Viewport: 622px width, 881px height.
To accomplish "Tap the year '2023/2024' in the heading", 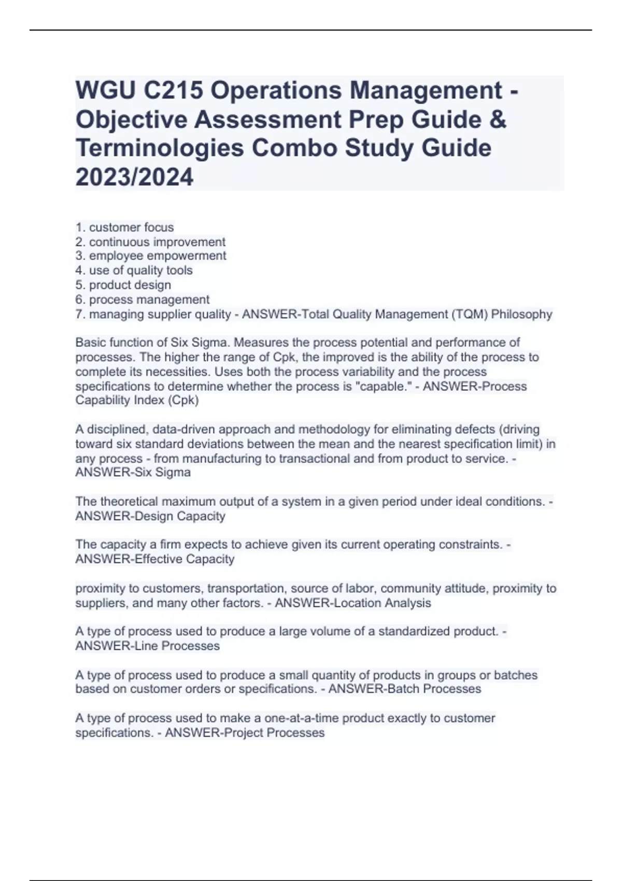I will click(x=134, y=177).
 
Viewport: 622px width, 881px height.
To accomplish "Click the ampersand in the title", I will click(x=498, y=120).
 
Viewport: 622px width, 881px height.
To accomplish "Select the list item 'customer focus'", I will click(x=131, y=227).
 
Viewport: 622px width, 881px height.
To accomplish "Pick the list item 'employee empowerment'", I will click(x=158, y=256).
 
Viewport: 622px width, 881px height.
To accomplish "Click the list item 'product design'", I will click(x=130, y=285).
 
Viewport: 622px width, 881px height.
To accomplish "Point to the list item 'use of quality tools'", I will click(x=140, y=271).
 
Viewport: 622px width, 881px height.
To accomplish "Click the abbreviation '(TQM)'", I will click(x=468, y=314).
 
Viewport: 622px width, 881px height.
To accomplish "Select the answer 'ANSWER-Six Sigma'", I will click(x=133, y=473).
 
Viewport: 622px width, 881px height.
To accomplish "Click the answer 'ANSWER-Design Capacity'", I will click(x=150, y=516).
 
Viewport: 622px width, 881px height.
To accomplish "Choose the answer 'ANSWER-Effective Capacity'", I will click(x=154, y=559).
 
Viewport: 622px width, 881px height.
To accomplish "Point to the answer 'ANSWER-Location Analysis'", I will click(x=352, y=603).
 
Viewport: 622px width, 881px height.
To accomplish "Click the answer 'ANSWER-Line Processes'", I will click(x=147, y=646).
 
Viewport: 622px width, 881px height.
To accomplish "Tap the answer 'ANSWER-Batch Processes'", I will click(x=405, y=689).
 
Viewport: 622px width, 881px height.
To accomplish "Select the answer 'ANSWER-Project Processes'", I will click(x=245, y=733).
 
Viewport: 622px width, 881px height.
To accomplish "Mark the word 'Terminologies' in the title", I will click(x=160, y=149).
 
